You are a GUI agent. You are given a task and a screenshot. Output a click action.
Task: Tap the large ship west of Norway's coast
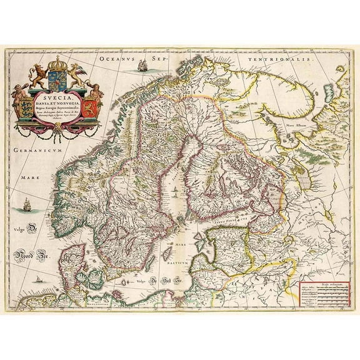pos(27,204)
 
